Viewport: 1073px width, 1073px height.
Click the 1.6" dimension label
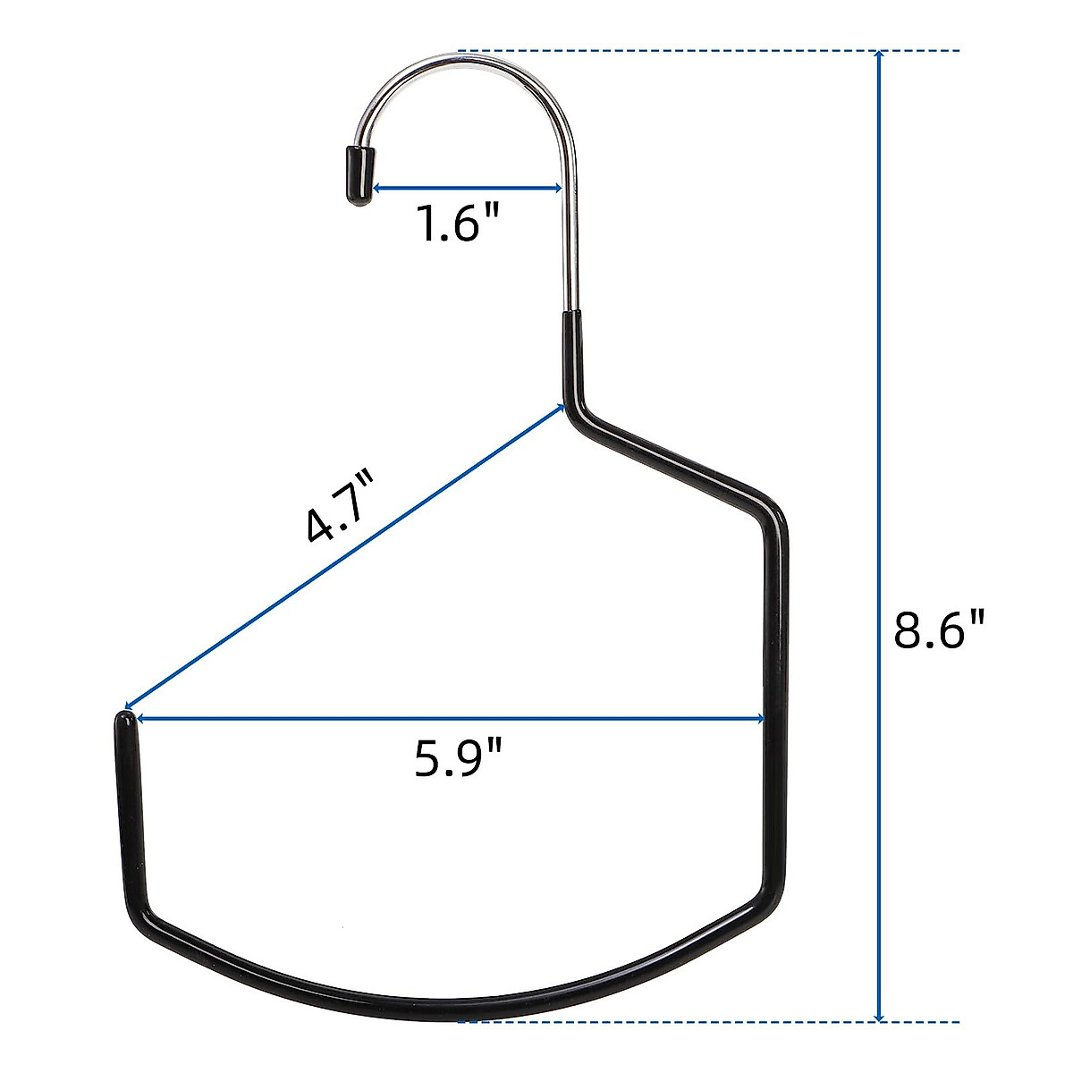[460, 224]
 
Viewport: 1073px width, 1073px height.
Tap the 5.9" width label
[458, 760]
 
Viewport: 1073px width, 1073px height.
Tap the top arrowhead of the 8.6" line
[880, 56]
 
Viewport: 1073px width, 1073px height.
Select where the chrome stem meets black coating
[570, 313]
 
